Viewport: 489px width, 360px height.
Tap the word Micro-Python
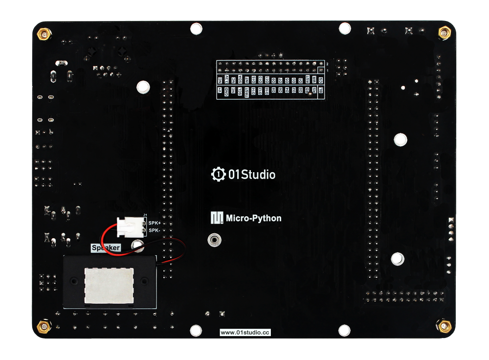pos(254,218)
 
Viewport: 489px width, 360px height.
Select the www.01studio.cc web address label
pos(245,333)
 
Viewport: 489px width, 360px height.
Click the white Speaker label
pos(106,248)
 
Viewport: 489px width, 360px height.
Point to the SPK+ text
pos(155,223)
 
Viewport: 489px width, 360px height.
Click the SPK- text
pos(154,230)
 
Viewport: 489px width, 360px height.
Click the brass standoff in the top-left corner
pos(44,34)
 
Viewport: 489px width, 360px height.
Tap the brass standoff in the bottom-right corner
pos(443,325)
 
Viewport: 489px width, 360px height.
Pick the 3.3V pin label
pos(227,79)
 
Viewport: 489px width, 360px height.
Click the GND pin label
pos(226,92)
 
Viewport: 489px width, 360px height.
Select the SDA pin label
pos(240,79)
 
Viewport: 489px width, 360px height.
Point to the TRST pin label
pos(247,94)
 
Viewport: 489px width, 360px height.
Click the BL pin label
pos(321,90)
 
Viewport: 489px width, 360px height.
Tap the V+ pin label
pos(220,90)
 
